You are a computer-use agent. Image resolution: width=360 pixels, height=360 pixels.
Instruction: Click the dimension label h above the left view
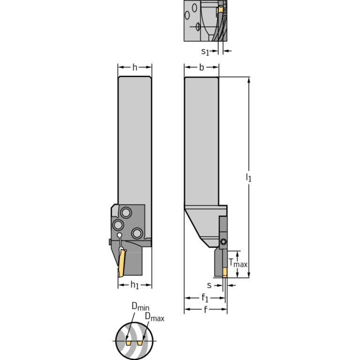tap(135, 68)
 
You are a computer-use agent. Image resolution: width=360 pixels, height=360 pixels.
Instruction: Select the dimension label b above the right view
tap(201, 68)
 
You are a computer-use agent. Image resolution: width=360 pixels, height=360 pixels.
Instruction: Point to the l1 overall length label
tap(249, 177)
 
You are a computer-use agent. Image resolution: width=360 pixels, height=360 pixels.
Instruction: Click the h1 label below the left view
tap(135, 285)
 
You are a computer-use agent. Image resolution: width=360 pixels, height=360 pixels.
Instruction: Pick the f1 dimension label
tap(205, 298)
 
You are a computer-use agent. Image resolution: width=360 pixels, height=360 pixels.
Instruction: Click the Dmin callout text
tap(140, 306)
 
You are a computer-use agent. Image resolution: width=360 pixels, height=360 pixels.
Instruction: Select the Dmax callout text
tap(154, 318)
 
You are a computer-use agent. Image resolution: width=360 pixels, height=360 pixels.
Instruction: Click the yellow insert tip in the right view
tap(225, 272)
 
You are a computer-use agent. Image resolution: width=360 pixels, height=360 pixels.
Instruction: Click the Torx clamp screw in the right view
tap(223, 242)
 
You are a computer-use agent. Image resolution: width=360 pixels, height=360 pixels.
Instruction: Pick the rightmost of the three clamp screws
tap(137, 232)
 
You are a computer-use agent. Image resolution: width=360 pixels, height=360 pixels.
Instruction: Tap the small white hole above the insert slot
tap(120, 236)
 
